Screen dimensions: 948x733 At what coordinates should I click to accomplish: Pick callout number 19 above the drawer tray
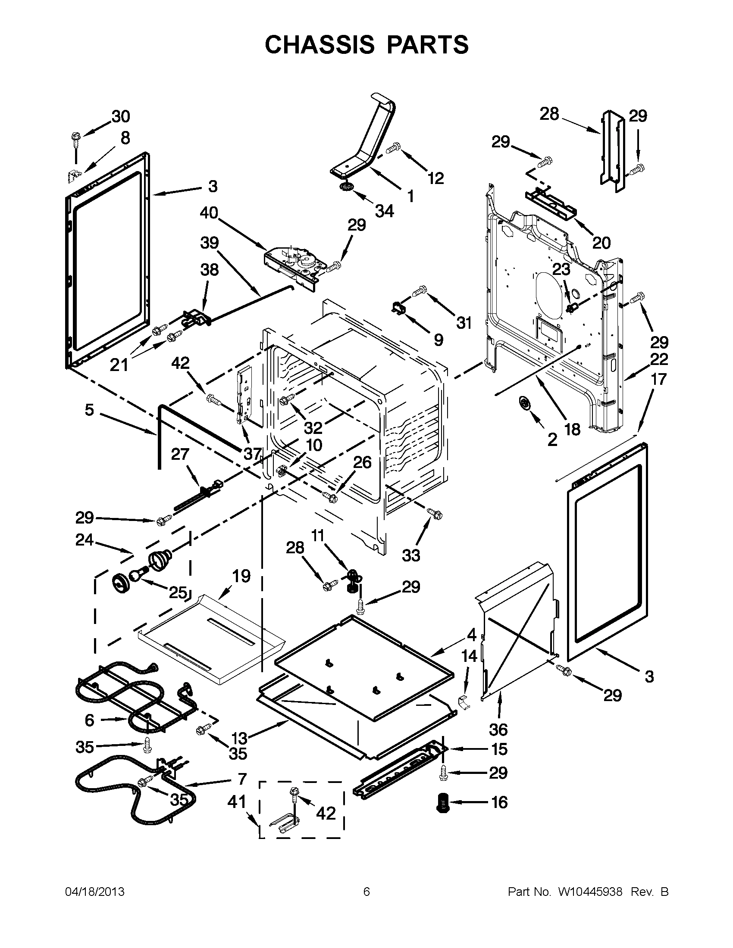[241, 576]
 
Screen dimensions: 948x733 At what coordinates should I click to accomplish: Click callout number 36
[498, 730]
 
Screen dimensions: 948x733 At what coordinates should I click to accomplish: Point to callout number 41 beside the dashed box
[236, 802]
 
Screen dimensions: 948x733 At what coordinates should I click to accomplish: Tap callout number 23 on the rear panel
[561, 269]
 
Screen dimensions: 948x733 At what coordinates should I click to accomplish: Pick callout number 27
[180, 455]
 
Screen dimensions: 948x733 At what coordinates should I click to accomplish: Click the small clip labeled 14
[464, 704]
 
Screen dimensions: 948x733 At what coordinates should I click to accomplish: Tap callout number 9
[439, 340]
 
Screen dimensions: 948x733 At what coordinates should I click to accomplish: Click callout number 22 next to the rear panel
[659, 359]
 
